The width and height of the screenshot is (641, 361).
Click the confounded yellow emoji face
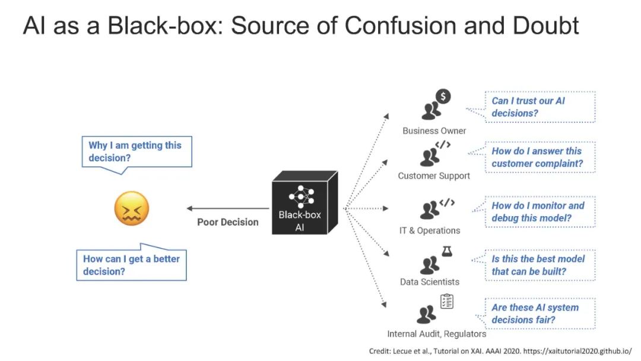[131, 208]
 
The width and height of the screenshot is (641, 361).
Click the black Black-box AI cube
[304, 203]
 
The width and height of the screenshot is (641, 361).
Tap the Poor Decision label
[228, 222]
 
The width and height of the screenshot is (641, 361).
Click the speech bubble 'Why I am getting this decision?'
[137, 152]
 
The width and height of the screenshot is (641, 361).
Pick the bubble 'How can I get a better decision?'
[132, 265]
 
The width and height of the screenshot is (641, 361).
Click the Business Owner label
[434, 131]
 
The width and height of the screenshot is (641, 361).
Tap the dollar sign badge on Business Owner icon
[443, 96]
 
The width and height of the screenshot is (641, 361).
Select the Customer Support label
[434, 176]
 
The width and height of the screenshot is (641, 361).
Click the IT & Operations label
[429, 230]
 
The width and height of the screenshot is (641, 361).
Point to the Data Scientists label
[429, 281]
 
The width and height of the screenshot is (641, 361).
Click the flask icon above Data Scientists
[446, 251]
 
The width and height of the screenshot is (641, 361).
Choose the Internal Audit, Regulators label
[436, 334]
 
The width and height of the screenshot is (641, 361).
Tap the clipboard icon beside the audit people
[446, 302]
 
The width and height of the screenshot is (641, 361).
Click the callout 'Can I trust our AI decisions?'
[539, 107]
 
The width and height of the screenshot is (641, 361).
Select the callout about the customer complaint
[539, 157]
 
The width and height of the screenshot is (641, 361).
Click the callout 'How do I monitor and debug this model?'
[539, 211]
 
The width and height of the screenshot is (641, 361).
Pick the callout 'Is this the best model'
[539, 265]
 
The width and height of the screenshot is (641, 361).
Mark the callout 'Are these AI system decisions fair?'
[539, 313]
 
